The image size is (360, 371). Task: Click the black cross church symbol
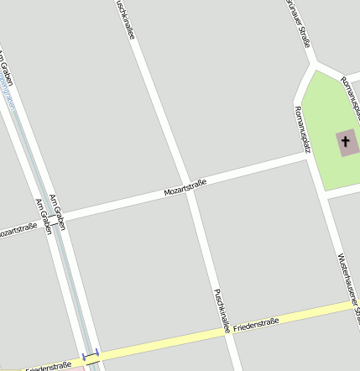tap(345, 141)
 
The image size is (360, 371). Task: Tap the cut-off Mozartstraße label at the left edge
tap(17, 230)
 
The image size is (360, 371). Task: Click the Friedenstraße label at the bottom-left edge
tap(46, 367)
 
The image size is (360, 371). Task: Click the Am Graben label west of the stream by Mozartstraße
tap(43, 217)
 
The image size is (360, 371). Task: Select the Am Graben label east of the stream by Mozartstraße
tap(58, 211)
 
